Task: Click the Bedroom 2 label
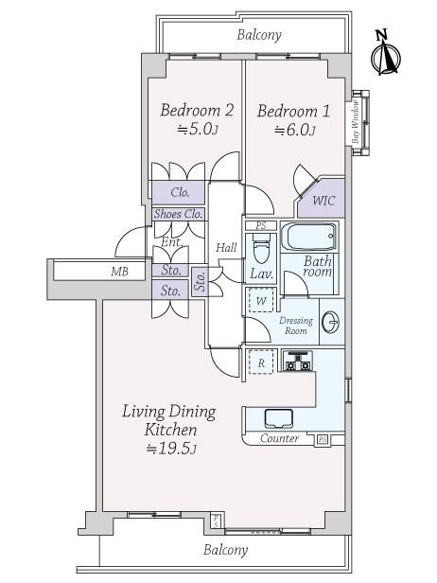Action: point(197,111)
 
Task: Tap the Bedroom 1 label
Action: point(293,111)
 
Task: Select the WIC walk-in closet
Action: point(322,199)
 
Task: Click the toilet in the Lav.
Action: point(261,248)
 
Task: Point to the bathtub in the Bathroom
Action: point(308,237)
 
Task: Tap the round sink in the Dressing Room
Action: point(331,321)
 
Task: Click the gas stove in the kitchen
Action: point(298,361)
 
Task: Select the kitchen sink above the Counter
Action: point(279,418)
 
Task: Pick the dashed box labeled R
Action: point(261,362)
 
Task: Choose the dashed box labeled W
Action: point(261,300)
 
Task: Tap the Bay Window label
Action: point(356,122)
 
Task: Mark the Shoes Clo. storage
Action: point(179,214)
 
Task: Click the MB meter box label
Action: point(119,272)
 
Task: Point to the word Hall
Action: point(226,247)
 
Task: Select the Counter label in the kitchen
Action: point(279,438)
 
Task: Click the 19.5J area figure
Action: point(171,449)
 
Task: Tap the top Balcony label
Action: point(259,35)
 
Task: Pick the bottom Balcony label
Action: point(225,550)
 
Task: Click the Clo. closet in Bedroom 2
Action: point(179,192)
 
